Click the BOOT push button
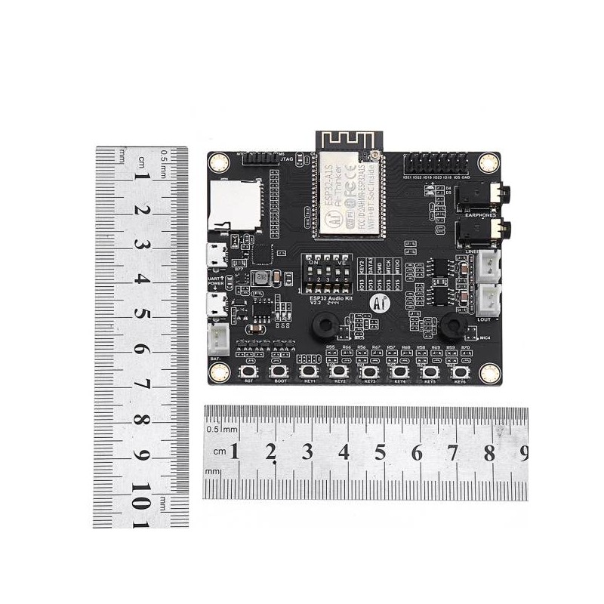279,371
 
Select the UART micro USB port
217,255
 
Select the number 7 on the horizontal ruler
453,452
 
